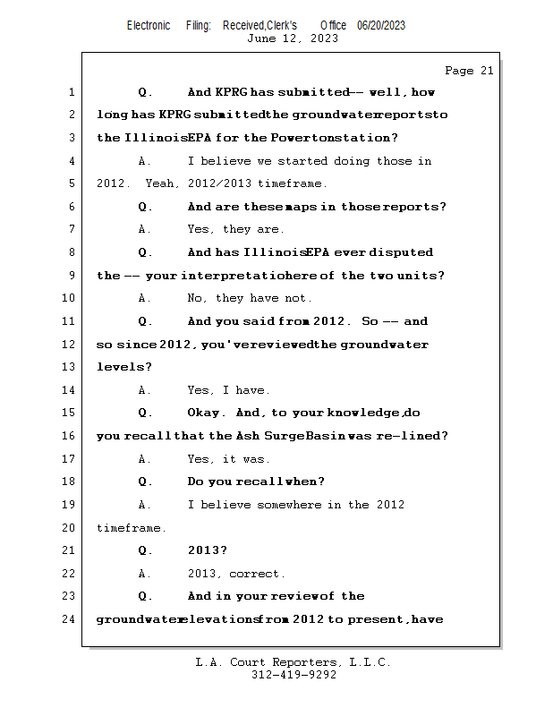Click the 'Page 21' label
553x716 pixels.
coord(469,71)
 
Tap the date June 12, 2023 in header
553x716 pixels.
coord(293,38)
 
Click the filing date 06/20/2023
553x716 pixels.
coord(381,25)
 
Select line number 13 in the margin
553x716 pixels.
coord(71,367)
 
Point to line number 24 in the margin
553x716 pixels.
coord(71,618)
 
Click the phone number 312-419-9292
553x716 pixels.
coord(294,675)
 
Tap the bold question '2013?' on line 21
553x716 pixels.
coord(207,550)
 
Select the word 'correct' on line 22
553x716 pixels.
coord(257,574)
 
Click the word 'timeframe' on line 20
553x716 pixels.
coord(131,528)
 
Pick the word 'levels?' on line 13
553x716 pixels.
coord(124,367)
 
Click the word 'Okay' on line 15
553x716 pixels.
coord(208,413)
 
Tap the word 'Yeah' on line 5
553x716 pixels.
coord(163,183)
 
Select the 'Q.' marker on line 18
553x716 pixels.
coord(146,482)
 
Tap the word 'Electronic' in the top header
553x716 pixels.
coord(149,25)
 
